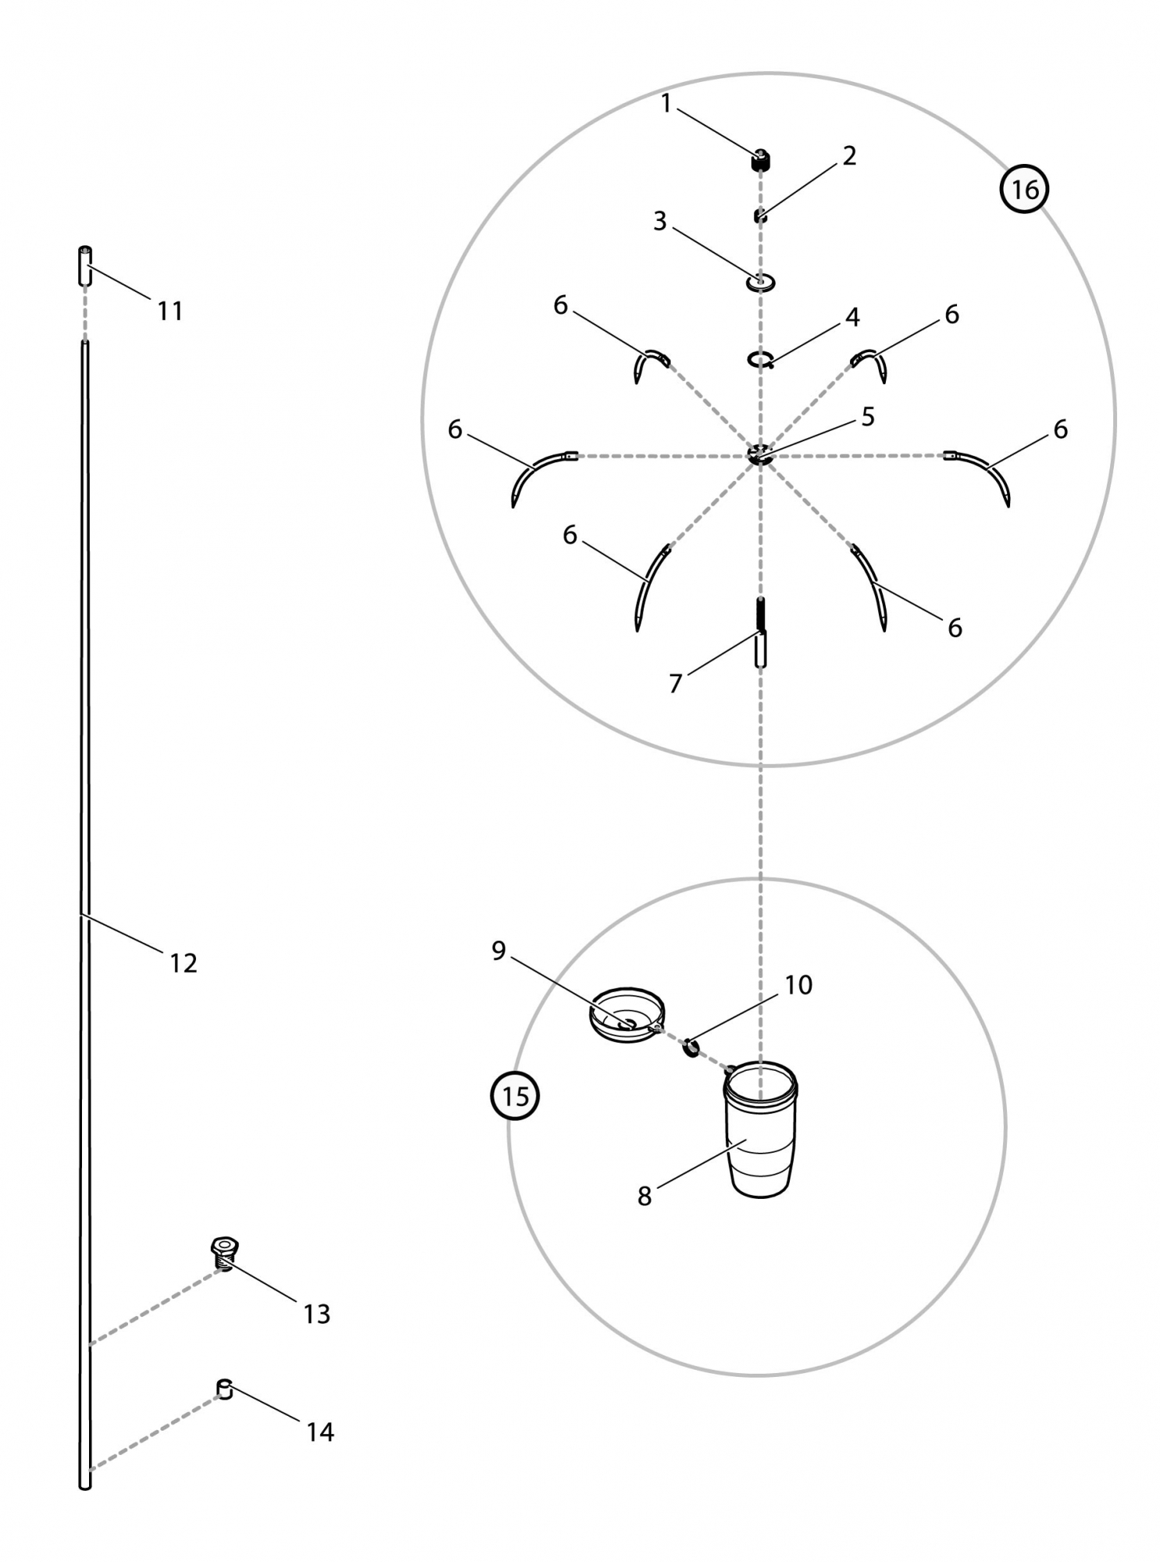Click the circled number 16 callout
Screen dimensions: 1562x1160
[x=1024, y=189]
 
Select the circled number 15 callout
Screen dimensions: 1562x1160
[x=515, y=1096]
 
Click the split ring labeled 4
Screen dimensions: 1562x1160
[x=760, y=360]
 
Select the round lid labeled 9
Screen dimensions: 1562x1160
[x=626, y=1015]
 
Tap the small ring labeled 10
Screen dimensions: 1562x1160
[x=691, y=1047]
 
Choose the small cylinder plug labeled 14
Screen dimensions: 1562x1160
[x=225, y=1389]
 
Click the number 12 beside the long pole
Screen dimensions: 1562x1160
[x=184, y=963]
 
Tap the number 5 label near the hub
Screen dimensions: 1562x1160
[x=868, y=417]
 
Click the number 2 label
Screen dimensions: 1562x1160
[x=849, y=156]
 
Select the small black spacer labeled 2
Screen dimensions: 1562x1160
[x=760, y=216]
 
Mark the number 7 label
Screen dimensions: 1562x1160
[x=676, y=683]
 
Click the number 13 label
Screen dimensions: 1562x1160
[x=317, y=1314]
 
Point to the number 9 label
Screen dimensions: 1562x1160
[x=498, y=950]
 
